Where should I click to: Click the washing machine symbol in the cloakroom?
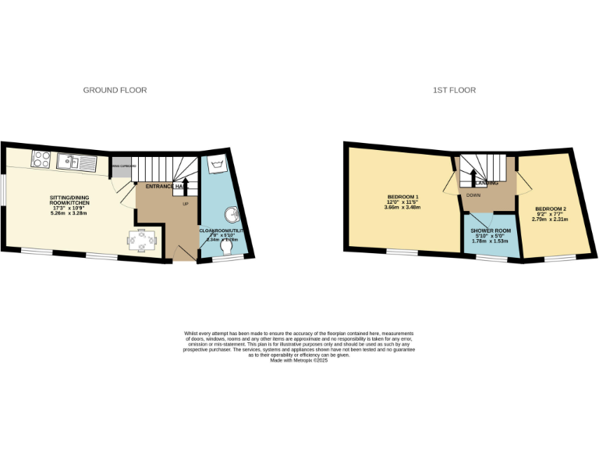[x=214, y=165]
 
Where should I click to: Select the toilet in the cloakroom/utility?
[x=227, y=247]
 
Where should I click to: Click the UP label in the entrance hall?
[x=185, y=204]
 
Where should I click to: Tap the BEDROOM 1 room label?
[x=402, y=196]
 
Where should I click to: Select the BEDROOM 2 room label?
[x=549, y=209]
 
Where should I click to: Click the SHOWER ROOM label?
[x=490, y=231]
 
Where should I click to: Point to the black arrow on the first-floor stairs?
[x=472, y=177]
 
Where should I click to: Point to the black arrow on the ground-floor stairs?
[x=185, y=190]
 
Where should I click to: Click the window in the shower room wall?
[x=491, y=258]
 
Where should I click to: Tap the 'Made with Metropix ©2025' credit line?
[x=299, y=360]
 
